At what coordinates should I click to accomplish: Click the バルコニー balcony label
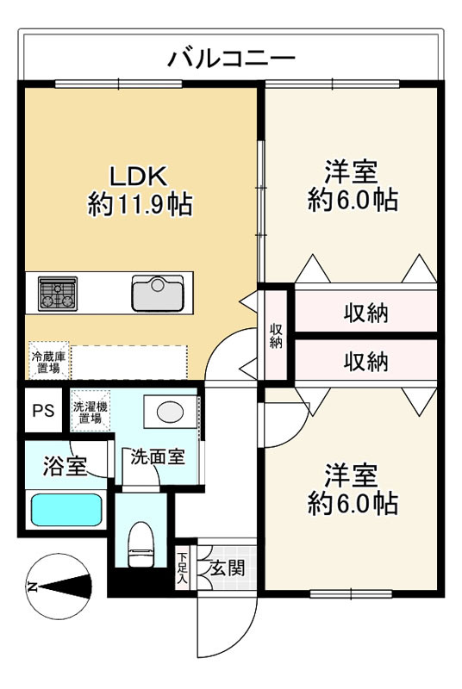pos(232,59)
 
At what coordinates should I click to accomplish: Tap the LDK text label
pos(139,177)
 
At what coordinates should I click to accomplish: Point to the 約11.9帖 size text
pos(140,204)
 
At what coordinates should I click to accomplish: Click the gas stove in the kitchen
pos(58,294)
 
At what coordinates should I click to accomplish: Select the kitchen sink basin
pos(158,294)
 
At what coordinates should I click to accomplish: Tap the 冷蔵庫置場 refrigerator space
pos(49,362)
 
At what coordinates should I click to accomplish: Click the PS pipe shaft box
pos(43,411)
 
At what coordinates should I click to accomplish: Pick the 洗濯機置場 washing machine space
pos(91,412)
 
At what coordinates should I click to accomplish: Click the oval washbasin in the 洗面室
pos(170,413)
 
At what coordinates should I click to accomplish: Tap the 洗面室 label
pos(158,457)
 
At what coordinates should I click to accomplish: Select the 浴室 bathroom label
pos(65,466)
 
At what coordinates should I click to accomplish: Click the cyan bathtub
pos(67,510)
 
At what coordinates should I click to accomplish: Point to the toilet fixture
pos(141,544)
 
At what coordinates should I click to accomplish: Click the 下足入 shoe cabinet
pos(182,568)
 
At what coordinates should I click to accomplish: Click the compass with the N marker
pos(58,587)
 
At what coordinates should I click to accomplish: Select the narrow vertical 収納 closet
pos(276,336)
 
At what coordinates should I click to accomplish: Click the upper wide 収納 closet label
pos(365,313)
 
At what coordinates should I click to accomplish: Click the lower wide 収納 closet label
pos(365,362)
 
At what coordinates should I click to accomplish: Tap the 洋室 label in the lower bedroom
pos(351,475)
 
